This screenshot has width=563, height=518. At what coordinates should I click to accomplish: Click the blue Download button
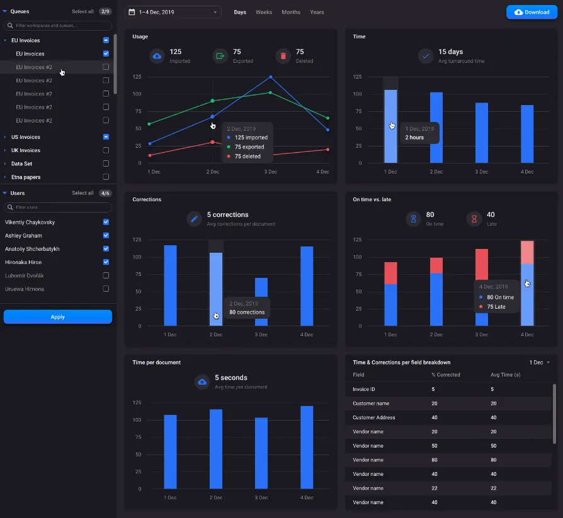coord(532,12)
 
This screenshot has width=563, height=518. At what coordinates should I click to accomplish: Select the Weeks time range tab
coord(264,12)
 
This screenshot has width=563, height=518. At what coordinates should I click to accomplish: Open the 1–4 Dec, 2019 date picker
coord(173,12)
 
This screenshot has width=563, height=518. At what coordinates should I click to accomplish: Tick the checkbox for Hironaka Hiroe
coord(106,262)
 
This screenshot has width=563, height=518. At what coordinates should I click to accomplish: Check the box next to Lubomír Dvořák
coord(106,275)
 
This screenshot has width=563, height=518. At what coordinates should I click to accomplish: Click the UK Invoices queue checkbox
coord(106,150)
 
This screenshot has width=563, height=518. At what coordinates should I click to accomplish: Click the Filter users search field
coord(58,207)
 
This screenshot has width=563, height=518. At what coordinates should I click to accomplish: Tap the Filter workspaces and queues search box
coord(58,26)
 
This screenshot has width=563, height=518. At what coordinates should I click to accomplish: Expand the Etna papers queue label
coord(26,177)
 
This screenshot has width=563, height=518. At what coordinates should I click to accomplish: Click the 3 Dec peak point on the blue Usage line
coord(271,77)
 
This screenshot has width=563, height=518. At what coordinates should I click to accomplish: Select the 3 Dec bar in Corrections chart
coord(261,302)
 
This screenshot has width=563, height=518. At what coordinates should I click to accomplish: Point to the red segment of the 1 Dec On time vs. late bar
coord(391,273)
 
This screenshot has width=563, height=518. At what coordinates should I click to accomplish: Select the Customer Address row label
coord(373,417)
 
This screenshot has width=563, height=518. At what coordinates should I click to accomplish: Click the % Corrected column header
coord(445,375)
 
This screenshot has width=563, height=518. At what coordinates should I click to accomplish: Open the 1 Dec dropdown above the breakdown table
coord(539,363)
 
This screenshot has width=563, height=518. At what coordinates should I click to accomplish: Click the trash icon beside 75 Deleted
coord(283,56)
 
